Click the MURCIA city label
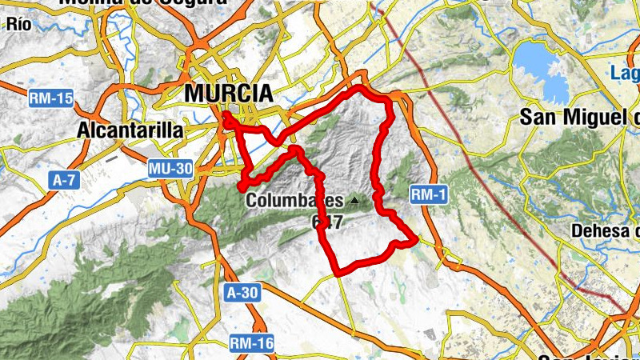click(229, 94)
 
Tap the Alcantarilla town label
click(130, 130)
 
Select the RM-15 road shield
click(50, 99)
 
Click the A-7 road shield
click(64, 181)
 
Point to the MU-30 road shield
click(170, 169)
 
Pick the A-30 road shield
click(242, 293)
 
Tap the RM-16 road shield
click(251, 344)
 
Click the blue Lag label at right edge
click(624, 74)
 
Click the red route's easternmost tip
click(417, 238)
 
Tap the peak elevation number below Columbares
click(328, 222)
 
